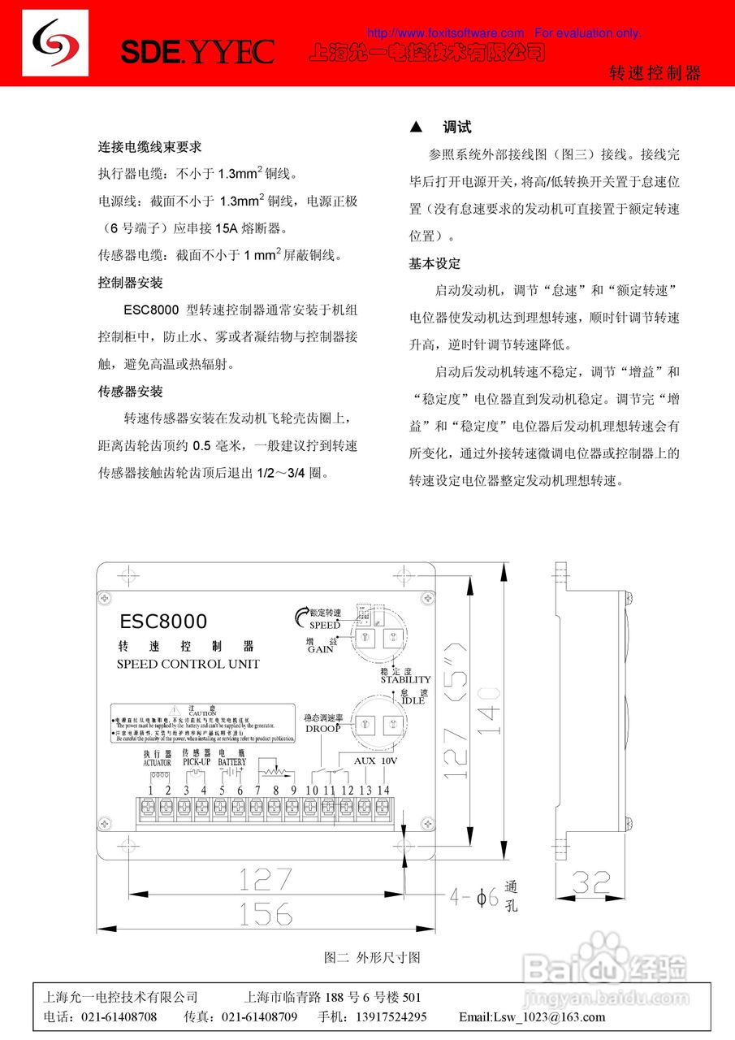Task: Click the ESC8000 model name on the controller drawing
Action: [x=163, y=622]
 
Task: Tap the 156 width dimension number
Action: [x=266, y=912]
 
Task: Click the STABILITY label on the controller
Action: [x=405, y=679]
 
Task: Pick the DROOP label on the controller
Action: [x=322, y=729]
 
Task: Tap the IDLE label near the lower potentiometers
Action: [x=412, y=700]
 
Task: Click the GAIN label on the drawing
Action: [x=321, y=650]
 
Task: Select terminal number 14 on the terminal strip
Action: [x=383, y=791]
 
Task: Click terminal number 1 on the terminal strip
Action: [x=150, y=791]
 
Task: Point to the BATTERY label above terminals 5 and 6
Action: [x=231, y=763]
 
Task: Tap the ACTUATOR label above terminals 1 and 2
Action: [x=157, y=763]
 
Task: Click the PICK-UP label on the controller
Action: [x=196, y=763]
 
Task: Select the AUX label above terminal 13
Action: [x=365, y=761]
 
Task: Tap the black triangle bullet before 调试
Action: [x=417, y=128]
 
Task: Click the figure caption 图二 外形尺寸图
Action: [x=372, y=958]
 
